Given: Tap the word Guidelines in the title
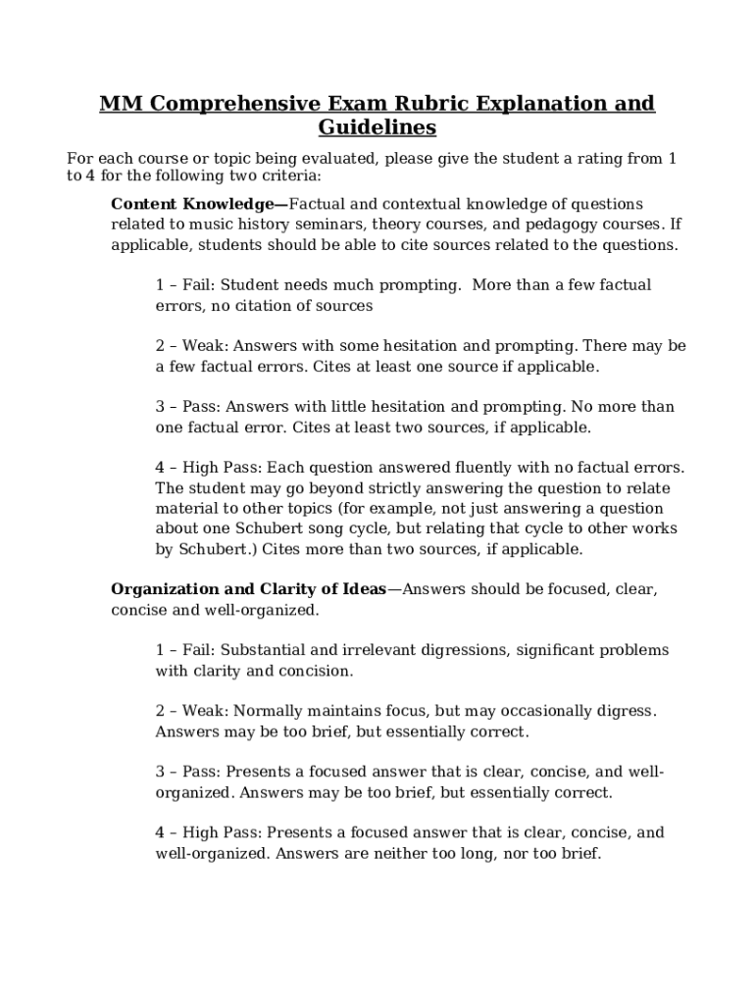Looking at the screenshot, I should [377, 127].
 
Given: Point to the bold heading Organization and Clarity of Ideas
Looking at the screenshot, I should [248, 589].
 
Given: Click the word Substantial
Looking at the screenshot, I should [261, 650].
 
